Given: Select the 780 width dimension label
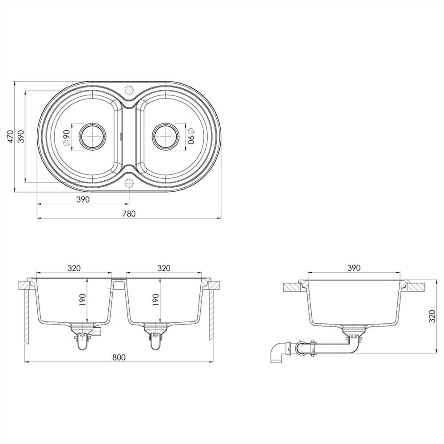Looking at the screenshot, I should [x=129, y=214].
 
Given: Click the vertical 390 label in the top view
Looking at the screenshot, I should [x=20, y=136].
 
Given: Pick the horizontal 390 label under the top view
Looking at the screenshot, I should [x=83, y=199].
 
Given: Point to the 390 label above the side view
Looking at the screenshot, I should [x=354, y=268].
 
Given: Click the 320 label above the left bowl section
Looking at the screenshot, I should [x=74, y=268].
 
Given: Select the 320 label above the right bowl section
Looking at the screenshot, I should [x=164, y=268].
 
